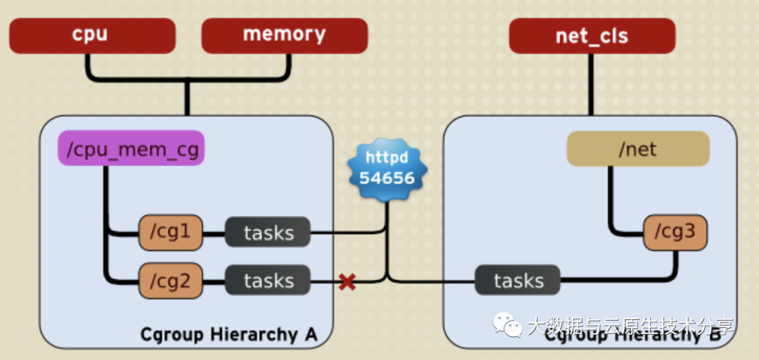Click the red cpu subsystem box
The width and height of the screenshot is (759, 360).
92,35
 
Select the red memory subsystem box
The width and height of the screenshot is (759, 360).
284,35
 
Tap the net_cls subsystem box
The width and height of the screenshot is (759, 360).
592,36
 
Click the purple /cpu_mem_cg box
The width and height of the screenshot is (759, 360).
131,148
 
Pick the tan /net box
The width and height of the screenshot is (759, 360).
637,148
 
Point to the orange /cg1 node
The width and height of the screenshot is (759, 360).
171,233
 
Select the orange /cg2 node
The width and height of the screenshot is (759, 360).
171,281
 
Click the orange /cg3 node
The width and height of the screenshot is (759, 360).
675,233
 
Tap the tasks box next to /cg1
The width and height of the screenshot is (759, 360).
268,233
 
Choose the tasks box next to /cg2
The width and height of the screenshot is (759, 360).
268,281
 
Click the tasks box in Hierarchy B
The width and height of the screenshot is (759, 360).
518,281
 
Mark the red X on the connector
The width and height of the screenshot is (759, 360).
346,282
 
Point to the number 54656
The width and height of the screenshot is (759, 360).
387,177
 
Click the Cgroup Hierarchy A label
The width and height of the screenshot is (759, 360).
229,335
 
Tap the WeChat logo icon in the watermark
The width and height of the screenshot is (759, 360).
507,325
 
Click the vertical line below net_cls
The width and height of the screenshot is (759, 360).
591,84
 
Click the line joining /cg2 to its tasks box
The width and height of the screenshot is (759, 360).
214,281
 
